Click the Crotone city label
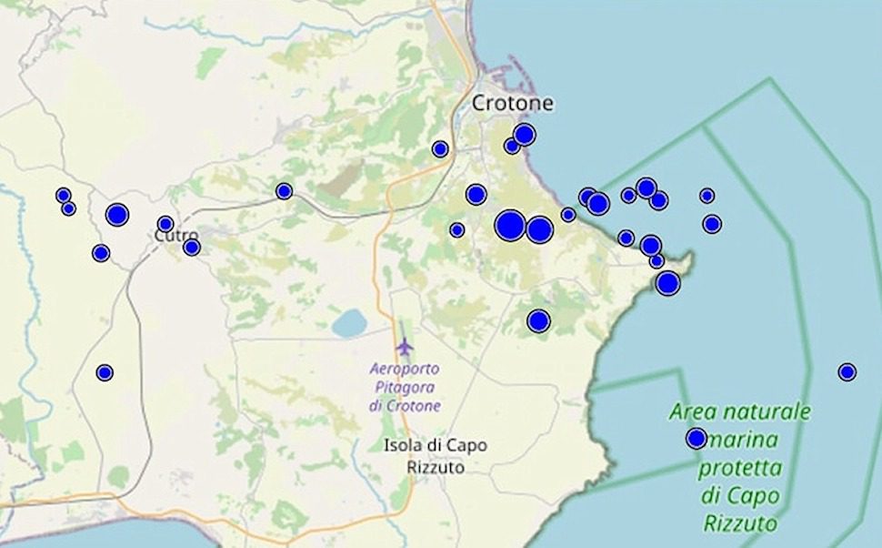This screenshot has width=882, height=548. click(x=512, y=104)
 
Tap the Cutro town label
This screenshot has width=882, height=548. click(x=175, y=236)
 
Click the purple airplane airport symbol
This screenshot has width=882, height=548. click(x=405, y=347)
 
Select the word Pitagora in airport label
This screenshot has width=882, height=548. click(x=406, y=388)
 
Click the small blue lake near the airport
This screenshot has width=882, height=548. click(x=347, y=322)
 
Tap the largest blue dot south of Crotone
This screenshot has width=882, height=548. click(x=510, y=225)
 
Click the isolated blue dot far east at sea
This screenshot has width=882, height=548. click(x=847, y=371)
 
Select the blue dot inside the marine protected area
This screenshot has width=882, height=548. click(x=697, y=439)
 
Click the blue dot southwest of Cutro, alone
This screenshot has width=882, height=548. click(x=105, y=372)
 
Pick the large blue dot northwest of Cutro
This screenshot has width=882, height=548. click(x=117, y=215)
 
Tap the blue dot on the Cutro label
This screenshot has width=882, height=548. click(x=165, y=224)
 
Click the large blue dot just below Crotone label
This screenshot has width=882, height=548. click(x=524, y=136)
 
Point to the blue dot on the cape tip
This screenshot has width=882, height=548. click(x=668, y=283)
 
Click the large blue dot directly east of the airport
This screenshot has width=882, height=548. click(x=538, y=320)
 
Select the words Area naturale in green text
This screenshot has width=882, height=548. click(x=739, y=411)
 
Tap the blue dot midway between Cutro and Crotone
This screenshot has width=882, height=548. click(x=284, y=191)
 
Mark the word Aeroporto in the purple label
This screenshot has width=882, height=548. click(x=406, y=370)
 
